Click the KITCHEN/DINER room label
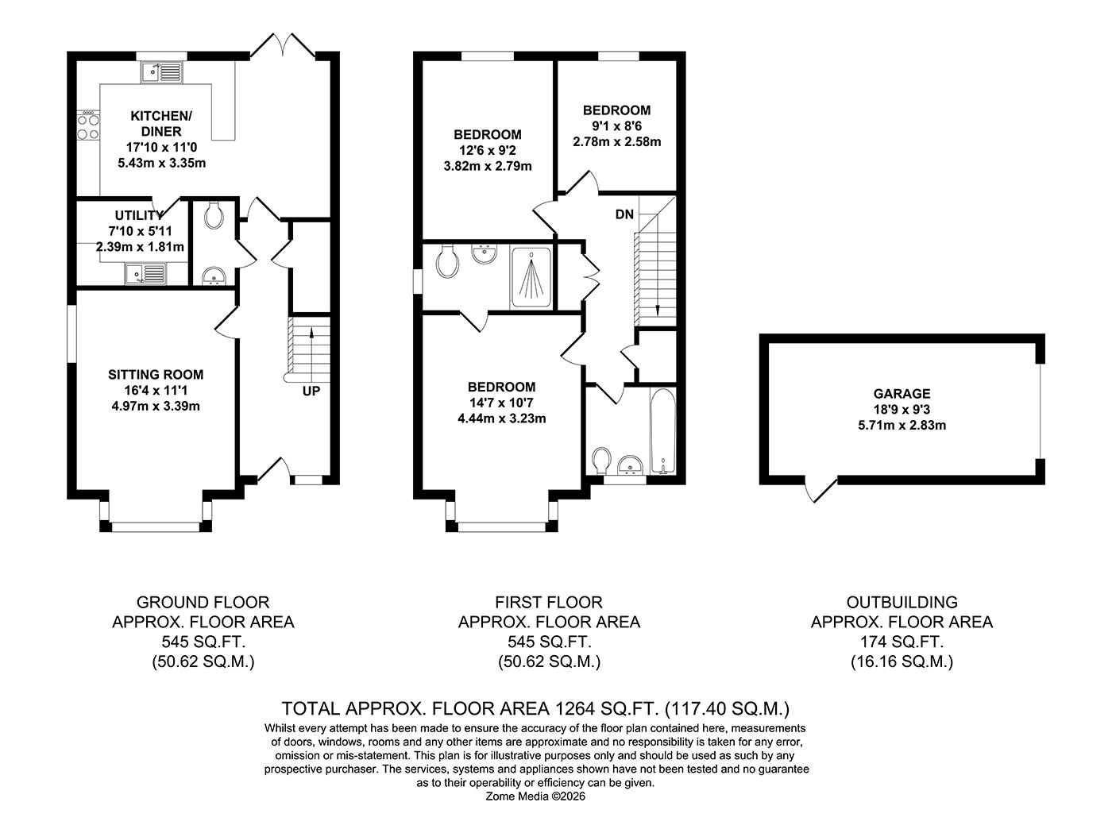(x=161, y=124)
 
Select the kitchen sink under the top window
(x=162, y=73)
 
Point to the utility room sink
(x=146, y=275)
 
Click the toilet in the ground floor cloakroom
(x=213, y=215)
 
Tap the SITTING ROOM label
(x=156, y=375)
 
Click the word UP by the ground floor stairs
(x=311, y=391)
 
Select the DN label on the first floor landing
(x=624, y=214)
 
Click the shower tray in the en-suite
(x=529, y=276)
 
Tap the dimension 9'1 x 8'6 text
(x=616, y=126)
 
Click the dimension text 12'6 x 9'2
(x=487, y=150)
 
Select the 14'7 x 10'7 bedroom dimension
(x=501, y=403)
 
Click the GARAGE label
(x=902, y=393)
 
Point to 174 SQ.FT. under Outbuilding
(x=902, y=642)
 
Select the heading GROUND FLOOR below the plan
(x=203, y=602)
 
